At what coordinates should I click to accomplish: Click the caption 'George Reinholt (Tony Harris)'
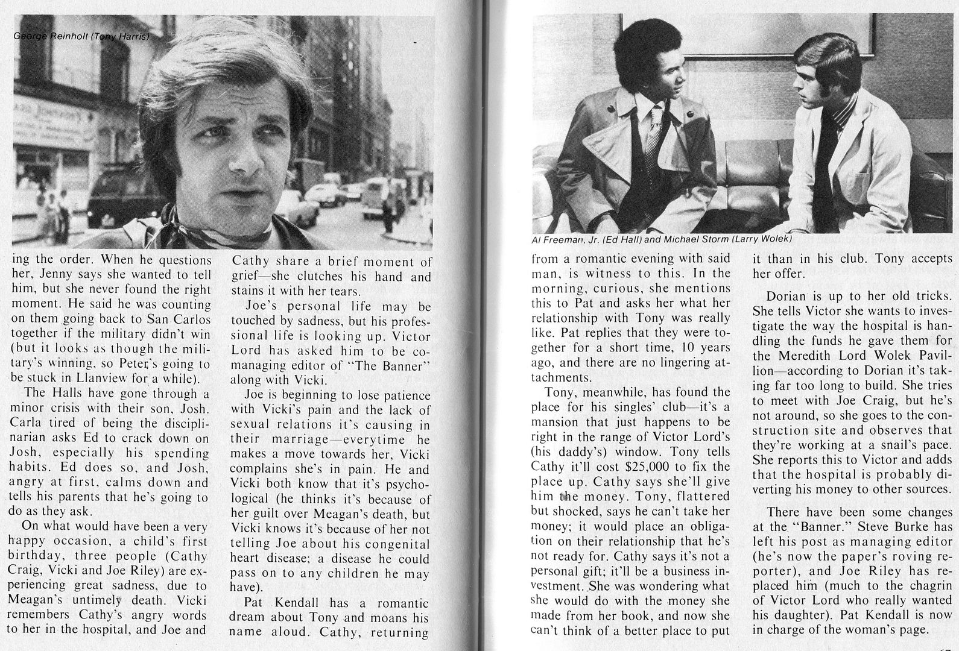tap(81, 37)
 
